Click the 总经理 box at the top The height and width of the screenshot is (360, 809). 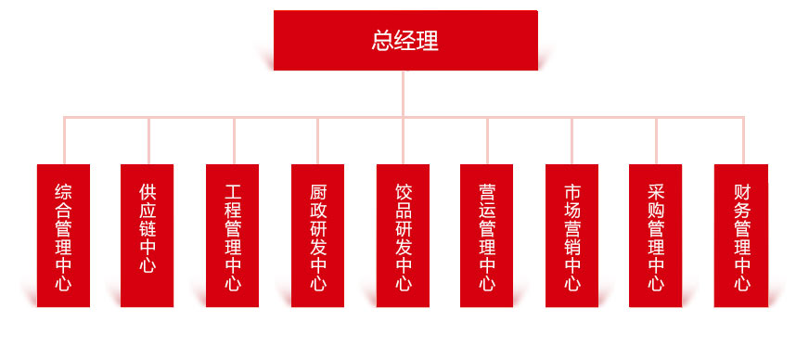pos(405,40)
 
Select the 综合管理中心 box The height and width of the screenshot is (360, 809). pos(63,236)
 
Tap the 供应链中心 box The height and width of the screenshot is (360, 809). pos(148,236)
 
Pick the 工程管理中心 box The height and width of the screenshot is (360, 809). pos(233,236)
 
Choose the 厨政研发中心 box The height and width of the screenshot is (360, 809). pos(317,236)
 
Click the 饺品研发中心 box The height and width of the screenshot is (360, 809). pos(403,236)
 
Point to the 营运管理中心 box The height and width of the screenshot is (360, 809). pos(487,236)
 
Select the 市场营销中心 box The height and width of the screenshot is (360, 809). pos(571,236)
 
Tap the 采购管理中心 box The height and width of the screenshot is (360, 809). pos(656,236)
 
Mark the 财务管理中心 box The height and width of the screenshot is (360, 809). pos(741,236)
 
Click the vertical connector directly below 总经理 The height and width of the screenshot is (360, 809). pos(404,93)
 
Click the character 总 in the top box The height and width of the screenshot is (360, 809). pos(382,41)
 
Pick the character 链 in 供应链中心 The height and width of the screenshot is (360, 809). pos(148,228)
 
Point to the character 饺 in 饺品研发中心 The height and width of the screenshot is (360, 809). pos(403,192)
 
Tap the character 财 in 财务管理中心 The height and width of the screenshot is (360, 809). pos(741,192)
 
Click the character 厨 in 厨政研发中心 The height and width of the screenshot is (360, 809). pos(317,192)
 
